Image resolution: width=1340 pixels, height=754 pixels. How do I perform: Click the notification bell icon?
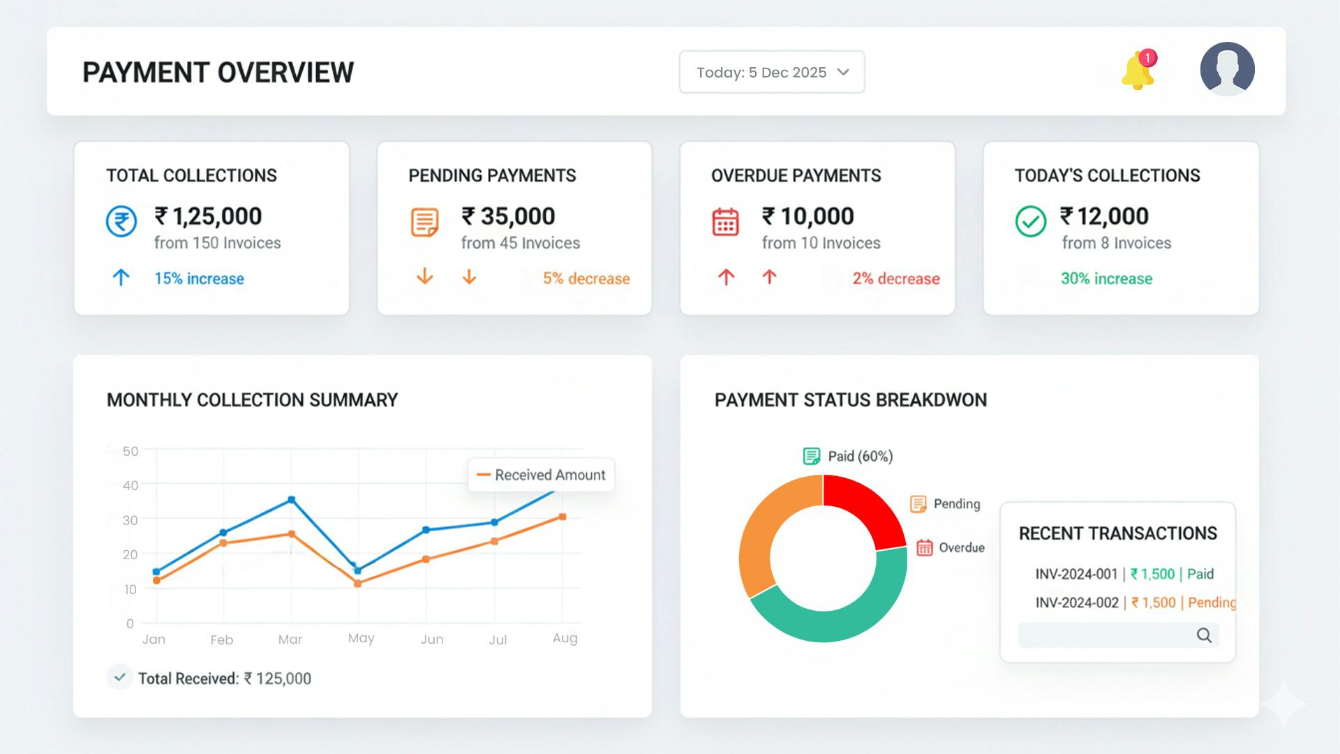pyautogui.click(x=1137, y=71)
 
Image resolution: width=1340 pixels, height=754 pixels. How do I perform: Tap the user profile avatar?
pyautogui.click(x=1227, y=69)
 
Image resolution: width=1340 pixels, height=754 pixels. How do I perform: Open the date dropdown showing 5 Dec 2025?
pyautogui.click(x=771, y=72)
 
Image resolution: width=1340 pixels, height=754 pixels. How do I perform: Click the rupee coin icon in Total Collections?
pyautogui.click(x=121, y=222)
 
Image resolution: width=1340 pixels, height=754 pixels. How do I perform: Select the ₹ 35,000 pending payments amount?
pyautogui.click(x=508, y=216)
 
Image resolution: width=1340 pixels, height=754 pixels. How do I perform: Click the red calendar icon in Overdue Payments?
pyautogui.click(x=725, y=222)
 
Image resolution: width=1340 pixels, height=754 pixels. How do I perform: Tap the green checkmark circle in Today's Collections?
pyautogui.click(x=1030, y=222)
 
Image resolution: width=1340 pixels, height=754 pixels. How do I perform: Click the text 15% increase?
pyautogui.click(x=199, y=279)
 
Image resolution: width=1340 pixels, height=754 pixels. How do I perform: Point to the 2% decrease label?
pyautogui.click(x=895, y=279)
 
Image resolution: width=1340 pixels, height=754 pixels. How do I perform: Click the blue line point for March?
pyautogui.click(x=292, y=500)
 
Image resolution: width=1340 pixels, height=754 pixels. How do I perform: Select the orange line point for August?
pyautogui.click(x=563, y=517)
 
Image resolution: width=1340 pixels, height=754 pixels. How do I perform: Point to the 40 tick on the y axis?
pyautogui.click(x=131, y=485)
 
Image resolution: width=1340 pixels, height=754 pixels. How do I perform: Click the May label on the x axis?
pyautogui.click(x=361, y=638)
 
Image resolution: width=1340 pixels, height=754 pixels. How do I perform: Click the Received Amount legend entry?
pyautogui.click(x=542, y=475)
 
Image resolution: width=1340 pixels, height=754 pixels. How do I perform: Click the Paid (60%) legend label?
pyautogui.click(x=859, y=457)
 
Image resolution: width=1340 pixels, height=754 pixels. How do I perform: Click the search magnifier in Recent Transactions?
pyautogui.click(x=1204, y=635)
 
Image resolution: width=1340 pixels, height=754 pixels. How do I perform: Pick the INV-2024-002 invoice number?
pyautogui.click(x=1076, y=603)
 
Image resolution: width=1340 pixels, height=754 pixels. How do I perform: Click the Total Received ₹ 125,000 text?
pyautogui.click(x=224, y=679)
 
